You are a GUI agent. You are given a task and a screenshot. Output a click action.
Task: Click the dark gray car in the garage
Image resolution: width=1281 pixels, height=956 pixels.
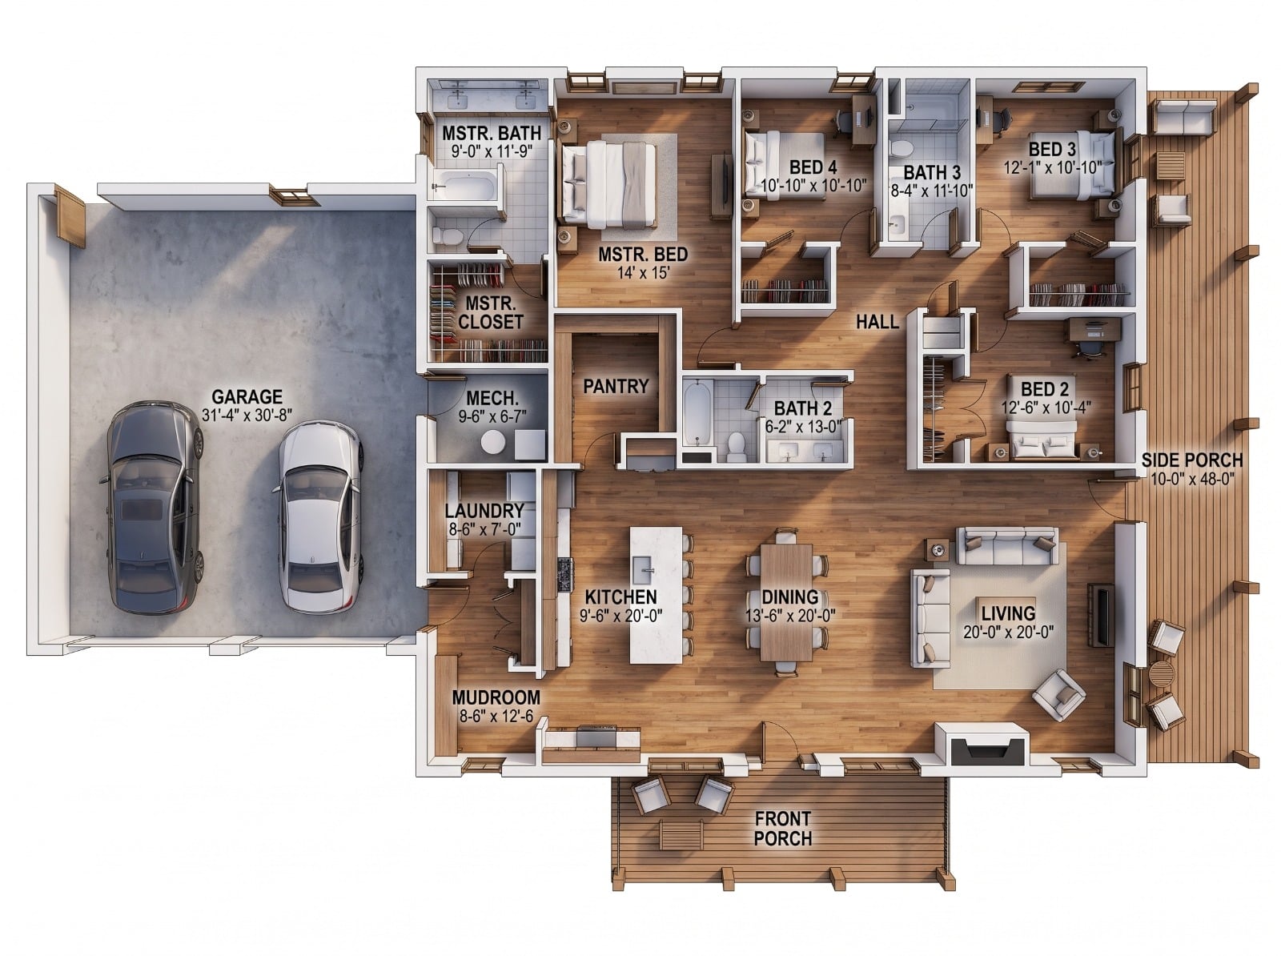[x=154, y=507]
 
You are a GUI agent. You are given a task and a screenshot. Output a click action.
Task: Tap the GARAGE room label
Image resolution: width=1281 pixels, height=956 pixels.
[x=247, y=397]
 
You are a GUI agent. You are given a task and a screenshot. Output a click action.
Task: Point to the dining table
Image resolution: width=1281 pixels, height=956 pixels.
[x=786, y=602]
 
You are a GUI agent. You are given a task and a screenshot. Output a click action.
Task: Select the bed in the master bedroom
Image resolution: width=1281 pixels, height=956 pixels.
[x=609, y=184]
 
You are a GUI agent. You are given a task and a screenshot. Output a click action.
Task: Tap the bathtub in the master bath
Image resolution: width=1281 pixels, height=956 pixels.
[x=466, y=187]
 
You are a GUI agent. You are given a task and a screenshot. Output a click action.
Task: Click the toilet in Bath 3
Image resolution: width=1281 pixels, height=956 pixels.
[x=902, y=147]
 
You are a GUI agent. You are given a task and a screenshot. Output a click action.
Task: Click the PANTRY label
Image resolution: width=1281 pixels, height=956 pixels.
[x=616, y=387]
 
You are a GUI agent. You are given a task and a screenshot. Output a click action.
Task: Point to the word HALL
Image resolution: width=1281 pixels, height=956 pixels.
[x=877, y=322]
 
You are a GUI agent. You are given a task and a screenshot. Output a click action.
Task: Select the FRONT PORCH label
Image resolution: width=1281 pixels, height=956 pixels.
[x=782, y=828]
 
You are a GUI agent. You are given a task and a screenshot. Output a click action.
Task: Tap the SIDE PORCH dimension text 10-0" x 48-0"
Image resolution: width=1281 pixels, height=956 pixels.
[x=1191, y=479]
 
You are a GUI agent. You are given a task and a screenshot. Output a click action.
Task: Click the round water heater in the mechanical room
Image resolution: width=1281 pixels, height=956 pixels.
[x=493, y=443]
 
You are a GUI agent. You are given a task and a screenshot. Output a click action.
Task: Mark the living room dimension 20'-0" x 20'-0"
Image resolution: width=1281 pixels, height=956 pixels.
[x=1008, y=632]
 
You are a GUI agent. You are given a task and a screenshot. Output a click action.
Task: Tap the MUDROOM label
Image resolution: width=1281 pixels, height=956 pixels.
[x=496, y=697]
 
